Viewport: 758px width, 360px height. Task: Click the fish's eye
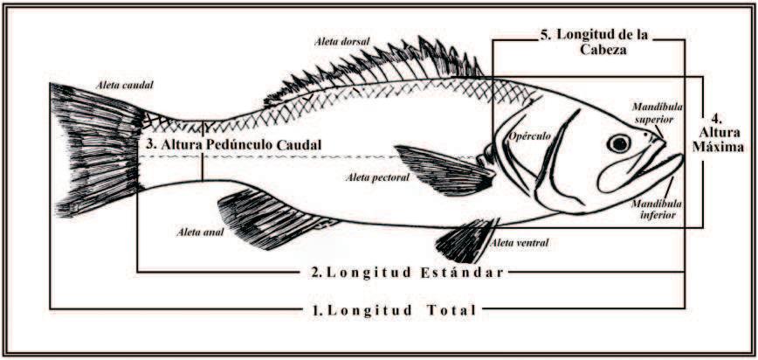[x=619, y=143]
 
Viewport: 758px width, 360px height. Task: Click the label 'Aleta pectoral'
[x=377, y=177]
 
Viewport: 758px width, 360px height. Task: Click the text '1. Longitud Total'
[x=393, y=310]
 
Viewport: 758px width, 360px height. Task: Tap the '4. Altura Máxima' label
[x=715, y=132]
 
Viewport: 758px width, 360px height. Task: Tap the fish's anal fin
[x=261, y=214]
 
